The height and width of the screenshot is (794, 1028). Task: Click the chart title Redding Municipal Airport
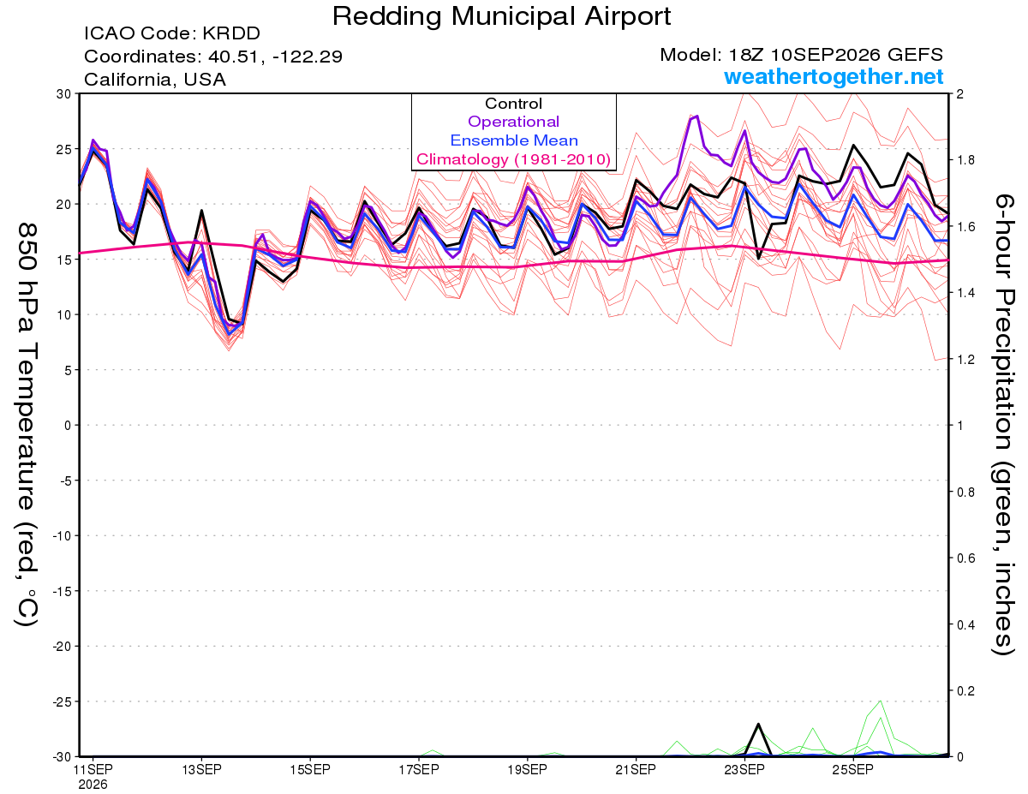coord(501,17)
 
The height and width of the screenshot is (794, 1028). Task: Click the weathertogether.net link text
coord(834,77)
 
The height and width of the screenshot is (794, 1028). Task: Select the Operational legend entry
coord(514,122)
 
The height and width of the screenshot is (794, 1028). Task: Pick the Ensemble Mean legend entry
coord(514,140)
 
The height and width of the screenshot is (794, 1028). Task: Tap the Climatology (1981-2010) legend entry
coord(514,159)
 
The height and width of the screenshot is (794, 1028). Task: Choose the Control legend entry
coord(514,104)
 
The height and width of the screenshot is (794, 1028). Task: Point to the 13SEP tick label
coord(201,770)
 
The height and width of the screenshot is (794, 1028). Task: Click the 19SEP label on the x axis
coord(527,770)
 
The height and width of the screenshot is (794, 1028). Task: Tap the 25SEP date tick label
coord(853,770)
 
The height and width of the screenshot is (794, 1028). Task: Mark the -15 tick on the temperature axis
coord(63,591)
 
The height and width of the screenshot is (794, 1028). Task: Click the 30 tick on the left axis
coord(64,94)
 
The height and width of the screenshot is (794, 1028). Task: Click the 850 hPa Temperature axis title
coord(27,425)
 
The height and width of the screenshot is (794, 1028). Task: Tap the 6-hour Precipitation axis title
coord(1003,424)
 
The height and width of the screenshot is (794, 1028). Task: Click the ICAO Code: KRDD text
coord(172,33)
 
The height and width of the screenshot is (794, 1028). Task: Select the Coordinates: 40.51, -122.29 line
coord(213,57)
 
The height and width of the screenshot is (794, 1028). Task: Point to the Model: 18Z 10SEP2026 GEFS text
coord(801,55)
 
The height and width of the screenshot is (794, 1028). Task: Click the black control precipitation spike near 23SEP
coord(758,724)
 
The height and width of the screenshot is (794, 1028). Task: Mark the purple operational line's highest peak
coord(696,116)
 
